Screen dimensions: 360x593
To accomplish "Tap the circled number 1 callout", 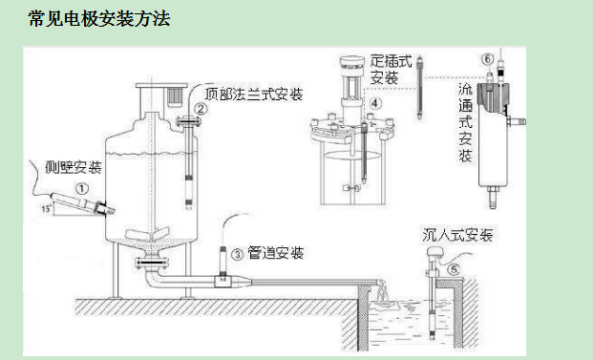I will pos(82,189).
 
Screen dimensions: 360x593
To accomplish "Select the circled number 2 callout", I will pos(200,109).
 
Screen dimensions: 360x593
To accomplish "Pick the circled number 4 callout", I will pos(376,102).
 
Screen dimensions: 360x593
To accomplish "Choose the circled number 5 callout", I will pos(454,269).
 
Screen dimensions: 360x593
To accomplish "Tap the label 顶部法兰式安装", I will pos(255,95).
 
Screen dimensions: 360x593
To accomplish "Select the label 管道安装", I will pos(275,253).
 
